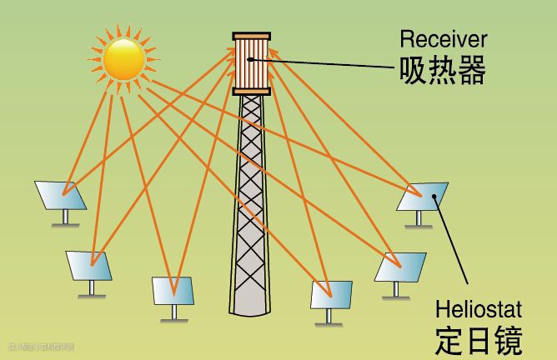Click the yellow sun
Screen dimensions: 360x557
[x=123, y=57]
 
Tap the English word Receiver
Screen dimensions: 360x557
[x=444, y=38]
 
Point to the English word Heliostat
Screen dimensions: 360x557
[x=478, y=311]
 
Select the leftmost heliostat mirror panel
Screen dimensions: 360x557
[x=61, y=195]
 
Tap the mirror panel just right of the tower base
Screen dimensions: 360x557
[x=331, y=294]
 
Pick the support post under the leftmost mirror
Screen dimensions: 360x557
[x=65, y=217]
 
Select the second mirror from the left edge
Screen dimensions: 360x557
[x=90, y=267]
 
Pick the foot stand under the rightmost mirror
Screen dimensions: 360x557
[x=419, y=225]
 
